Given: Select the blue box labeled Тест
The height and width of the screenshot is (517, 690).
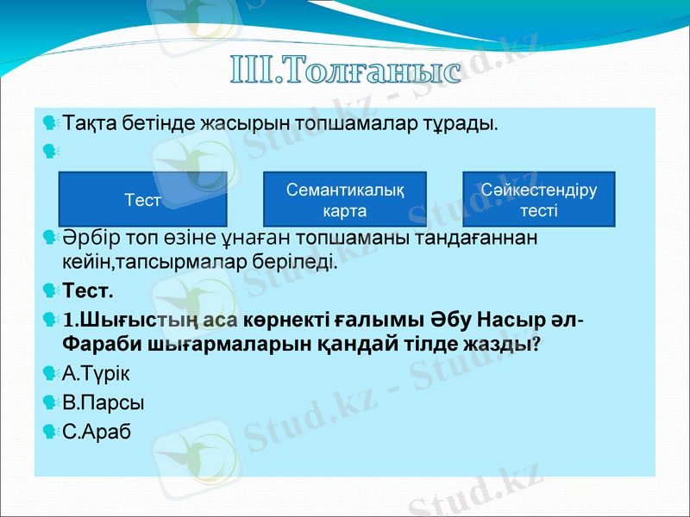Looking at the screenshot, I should [x=142, y=199].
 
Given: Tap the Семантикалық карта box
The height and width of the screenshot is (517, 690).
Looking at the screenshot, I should [x=345, y=199].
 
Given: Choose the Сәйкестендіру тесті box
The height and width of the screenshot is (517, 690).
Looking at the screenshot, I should [x=539, y=199].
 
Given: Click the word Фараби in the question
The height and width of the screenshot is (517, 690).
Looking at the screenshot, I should [x=96, y=344].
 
